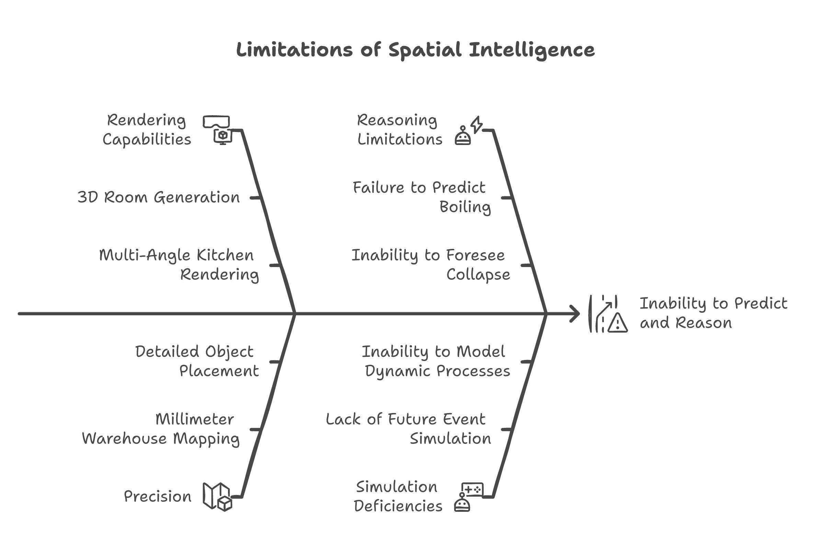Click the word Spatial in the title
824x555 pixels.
click(425, 50)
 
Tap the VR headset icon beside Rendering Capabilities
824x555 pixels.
click(216, 121)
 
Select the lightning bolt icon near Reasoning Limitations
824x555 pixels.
click(476, 124)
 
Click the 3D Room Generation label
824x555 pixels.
click(158, 197)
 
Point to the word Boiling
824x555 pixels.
click(465, 207)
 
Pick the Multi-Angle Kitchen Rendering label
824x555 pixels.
click(179, 264)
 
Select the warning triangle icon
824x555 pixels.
click(617, 323)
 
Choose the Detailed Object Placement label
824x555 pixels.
click(197, 361)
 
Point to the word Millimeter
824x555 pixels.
click(195, 420)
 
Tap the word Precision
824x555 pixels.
click(157, 497)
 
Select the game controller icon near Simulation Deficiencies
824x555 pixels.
click(472, 489)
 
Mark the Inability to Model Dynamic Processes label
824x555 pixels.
click(436, 361)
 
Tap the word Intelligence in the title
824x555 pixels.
click(531, 50)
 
